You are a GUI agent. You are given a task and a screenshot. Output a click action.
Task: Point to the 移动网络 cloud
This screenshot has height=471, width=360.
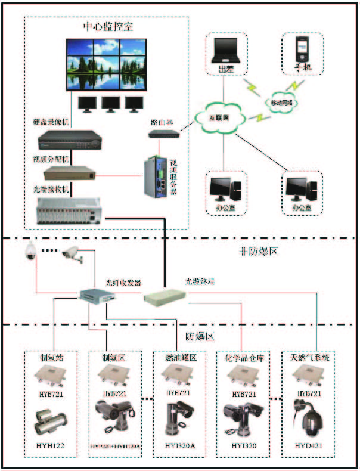coord(280,102)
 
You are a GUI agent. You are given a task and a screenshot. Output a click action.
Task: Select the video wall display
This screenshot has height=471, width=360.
coord(106,65)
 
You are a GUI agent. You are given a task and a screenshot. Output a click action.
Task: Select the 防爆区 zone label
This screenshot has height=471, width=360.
coord(200,337)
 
